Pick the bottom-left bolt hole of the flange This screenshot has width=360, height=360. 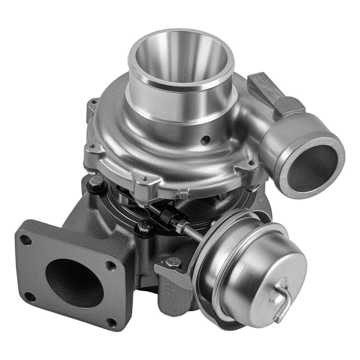(x=31, y=297)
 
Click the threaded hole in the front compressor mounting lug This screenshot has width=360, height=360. (x=145, y=178)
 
